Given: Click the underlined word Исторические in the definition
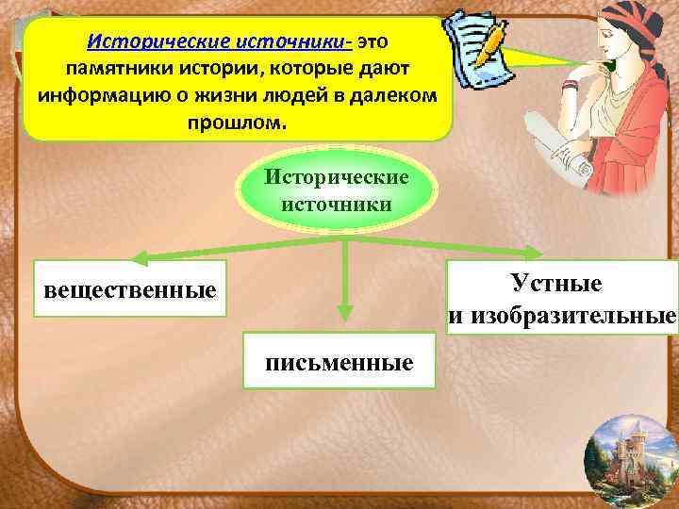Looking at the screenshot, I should click(x=145, y=42).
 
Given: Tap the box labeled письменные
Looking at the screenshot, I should click(x=339, y=360).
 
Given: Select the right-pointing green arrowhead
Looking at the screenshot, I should click(x=535, y=253).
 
